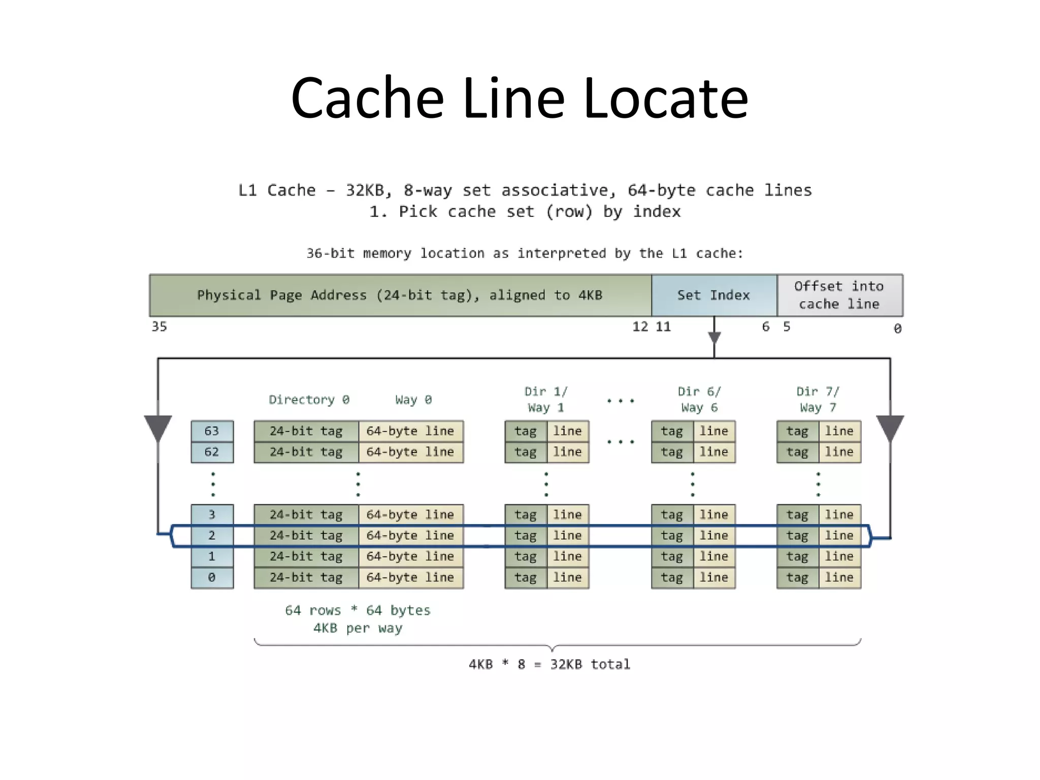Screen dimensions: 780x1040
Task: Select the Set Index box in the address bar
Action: pyautogui.click(x=713, y=296)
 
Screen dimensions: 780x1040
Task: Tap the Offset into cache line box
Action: pyautogui.click(x=839, y=296)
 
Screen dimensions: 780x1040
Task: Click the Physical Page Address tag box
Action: pyautogui.click(x=400, y=296)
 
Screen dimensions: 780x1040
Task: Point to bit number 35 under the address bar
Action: pyautogui.click(x=159, y=327)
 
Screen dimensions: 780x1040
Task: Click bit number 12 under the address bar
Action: pyautogui.click(x=640, y=327)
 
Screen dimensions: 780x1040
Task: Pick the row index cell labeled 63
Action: pyautogui.click(x=212, y=431)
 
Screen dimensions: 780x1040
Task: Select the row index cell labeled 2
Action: pyautogui.click(x=212, y=536)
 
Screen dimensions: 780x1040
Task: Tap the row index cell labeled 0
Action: pyautogui.click(x=212, y=577)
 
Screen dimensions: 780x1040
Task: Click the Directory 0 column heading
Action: pyautogui.click(x=309, y=400)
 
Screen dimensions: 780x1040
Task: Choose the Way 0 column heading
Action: pyautogui.click(x=413, y=400)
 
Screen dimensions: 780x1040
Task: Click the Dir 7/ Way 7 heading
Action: pyautogui.click(x=818, y=400)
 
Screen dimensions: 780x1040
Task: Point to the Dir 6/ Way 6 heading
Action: pyautogui.click(x=699, y=400)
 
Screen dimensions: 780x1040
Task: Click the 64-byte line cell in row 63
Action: pyautogui.click(x=410, y=431)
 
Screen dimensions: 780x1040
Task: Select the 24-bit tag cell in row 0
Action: pyautogui.click(x=306, y=577)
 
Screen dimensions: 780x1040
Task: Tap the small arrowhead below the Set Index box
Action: pyautogui.click(x=714, y=338)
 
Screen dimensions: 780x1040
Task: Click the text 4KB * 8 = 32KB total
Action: pyautogui.click(x=549, y=664)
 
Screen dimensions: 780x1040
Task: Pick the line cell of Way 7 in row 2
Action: pyautogui.click(x=839, y=536)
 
